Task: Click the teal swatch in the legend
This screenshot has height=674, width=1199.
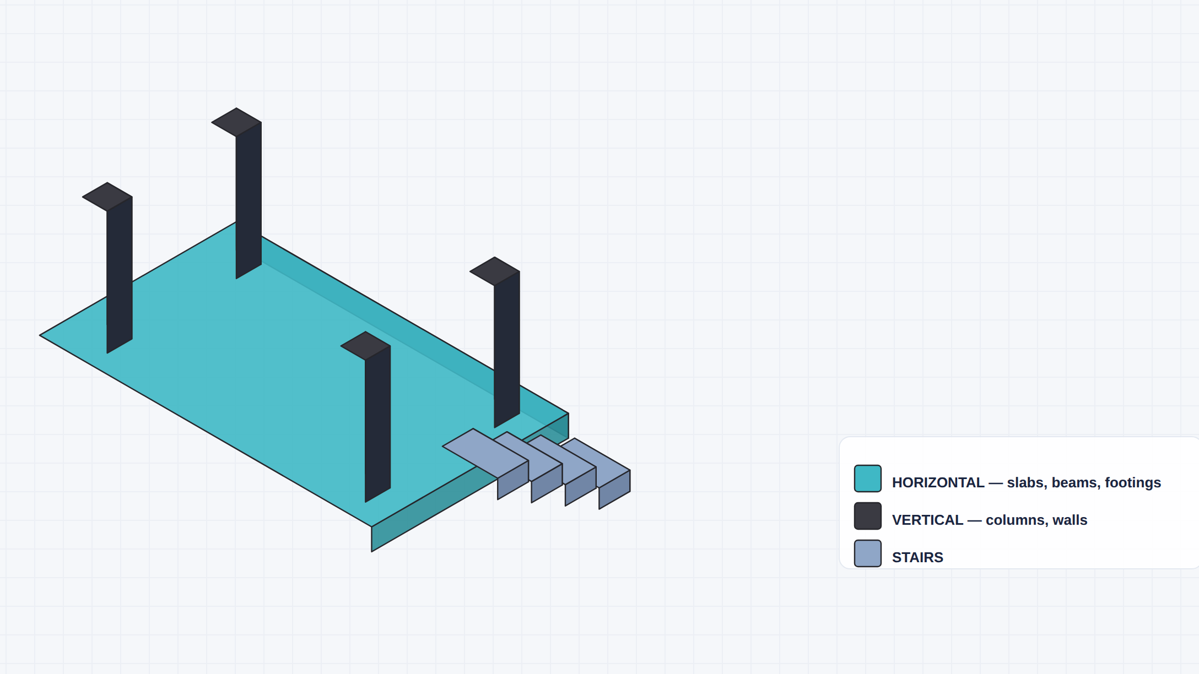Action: [867, 479]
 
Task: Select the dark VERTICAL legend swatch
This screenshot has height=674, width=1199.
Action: [867, 516]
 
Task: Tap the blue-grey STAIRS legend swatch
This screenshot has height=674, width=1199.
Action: [867, 553]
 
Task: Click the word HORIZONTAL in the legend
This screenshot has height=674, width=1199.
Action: [938, 482]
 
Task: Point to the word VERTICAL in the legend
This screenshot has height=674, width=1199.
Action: [927, 520]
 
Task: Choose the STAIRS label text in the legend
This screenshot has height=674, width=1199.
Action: [917, 557]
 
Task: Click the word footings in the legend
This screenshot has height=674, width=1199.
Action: [1133, 482]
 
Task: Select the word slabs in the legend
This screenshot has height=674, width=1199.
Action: [1027, 482]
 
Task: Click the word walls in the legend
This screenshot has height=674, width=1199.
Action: [1070, 520]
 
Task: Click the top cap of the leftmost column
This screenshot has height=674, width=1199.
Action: [107, 197]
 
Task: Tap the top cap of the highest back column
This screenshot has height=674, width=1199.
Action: [236, 122]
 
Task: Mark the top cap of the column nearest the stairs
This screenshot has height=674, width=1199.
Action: [495, 271]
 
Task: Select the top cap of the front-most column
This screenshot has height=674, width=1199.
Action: [365, 346]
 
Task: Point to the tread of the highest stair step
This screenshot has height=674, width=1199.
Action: [485, 453]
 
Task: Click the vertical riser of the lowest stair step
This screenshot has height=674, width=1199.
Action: [614, 490]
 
